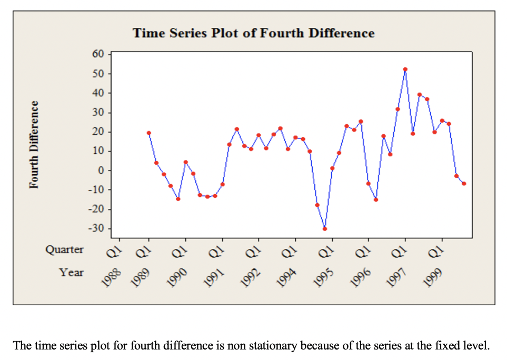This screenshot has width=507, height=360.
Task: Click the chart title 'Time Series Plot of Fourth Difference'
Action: coord(253,33)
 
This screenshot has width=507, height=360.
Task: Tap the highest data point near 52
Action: coord(405,69)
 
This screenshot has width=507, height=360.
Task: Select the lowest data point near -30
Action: coord(325,228)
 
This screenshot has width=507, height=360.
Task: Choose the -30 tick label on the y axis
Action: coord(98,229)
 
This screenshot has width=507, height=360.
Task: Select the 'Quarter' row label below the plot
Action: coord(64,249)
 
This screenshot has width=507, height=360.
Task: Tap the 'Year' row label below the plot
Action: coord(71,272)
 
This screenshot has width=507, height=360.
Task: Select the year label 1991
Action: coord(216,275)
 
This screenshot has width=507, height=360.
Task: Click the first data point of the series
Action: coord(148,133)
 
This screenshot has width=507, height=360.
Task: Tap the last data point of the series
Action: coord(464,183)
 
